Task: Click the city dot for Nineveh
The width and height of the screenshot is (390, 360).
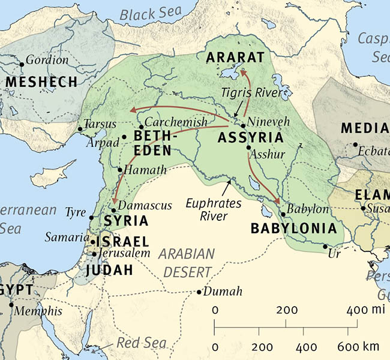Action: click(242, 126)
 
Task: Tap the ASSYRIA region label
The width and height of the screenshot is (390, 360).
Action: click(247, 138)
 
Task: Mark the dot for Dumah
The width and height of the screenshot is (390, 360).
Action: click(199, 292)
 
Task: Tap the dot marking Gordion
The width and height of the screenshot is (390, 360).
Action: click(22, 63)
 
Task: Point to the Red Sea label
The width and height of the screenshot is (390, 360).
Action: click(140, 343)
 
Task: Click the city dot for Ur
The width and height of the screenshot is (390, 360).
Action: click(325, 247)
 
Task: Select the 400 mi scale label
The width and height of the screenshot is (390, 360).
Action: click(364, 310)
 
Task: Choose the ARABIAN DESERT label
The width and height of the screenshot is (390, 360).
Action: click(187, 262)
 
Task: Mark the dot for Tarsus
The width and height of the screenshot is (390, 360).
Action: click(80, 129)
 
